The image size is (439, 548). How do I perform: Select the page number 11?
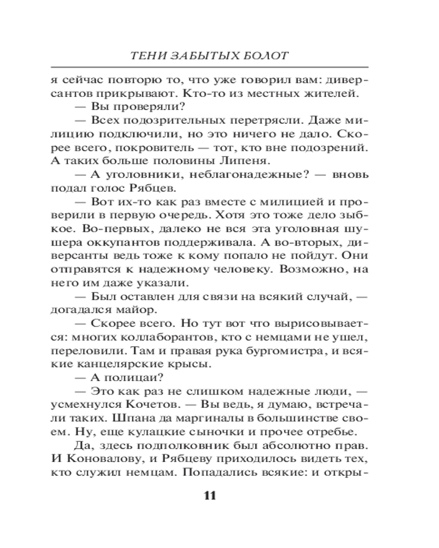[210, 496]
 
